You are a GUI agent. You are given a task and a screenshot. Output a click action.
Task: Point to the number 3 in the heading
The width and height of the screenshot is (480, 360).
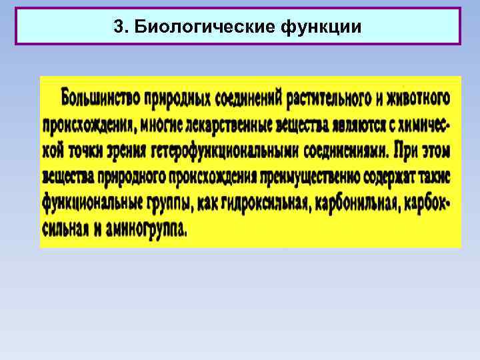pos(119,27)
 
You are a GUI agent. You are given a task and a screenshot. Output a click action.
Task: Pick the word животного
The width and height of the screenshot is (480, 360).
pos(417,98)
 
